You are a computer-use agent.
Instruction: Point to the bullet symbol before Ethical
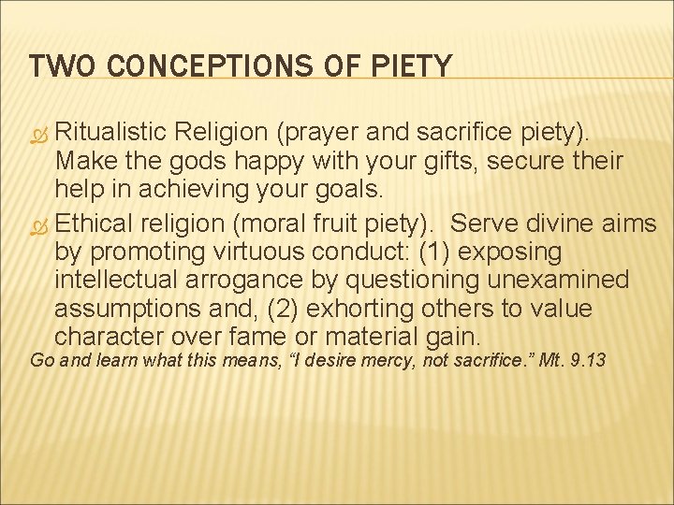point(38,224)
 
